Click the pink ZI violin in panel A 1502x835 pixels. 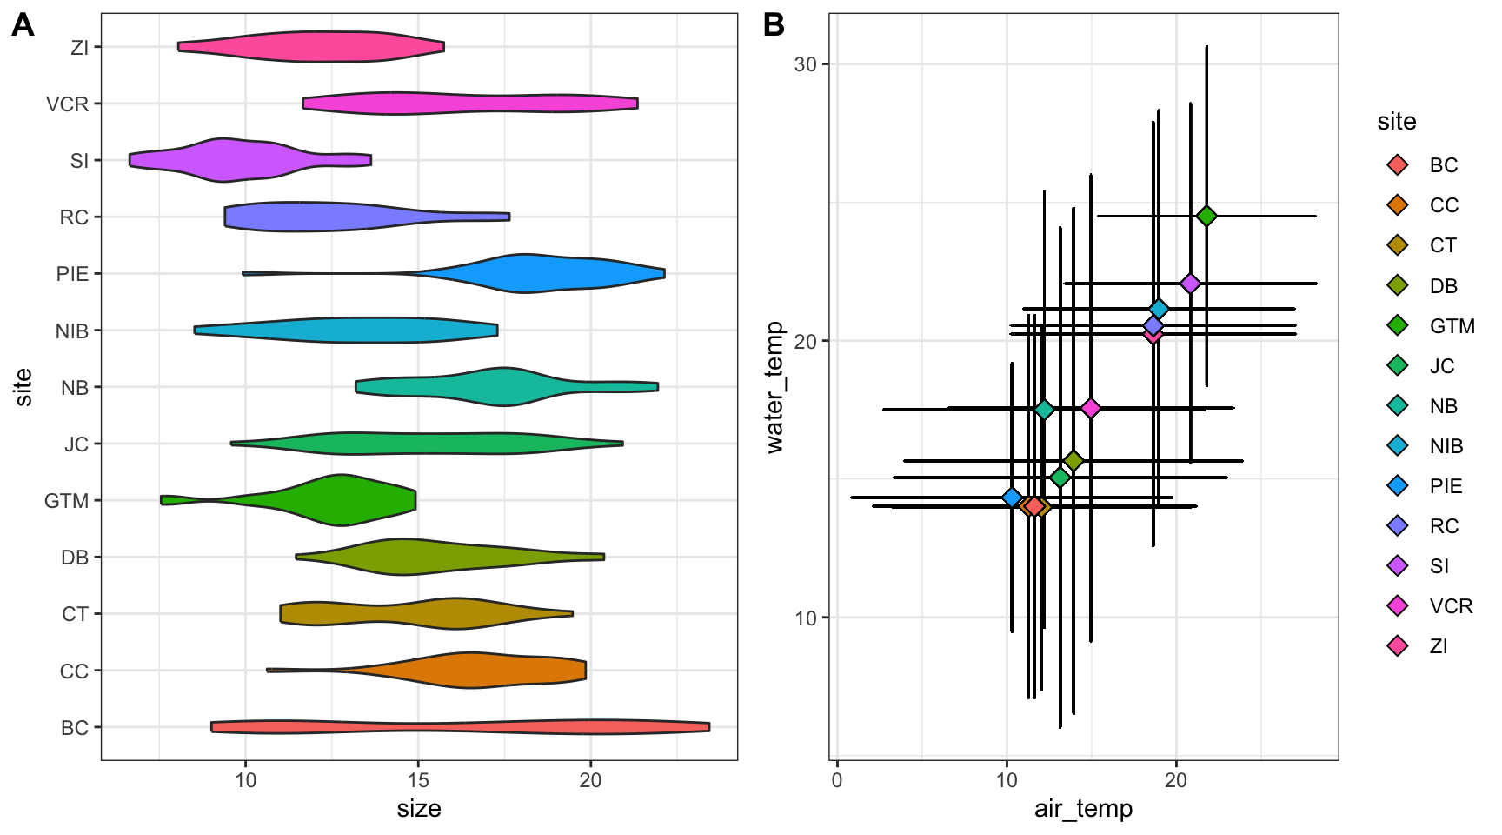(x=313, y=47)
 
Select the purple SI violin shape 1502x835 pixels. (x=226, y=160)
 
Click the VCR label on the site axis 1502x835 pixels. (x=68, y=104)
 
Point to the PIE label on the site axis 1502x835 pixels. (x=72, y=274)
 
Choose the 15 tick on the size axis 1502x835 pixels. (x=418, y=779)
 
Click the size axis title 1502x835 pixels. (x=419, y=809)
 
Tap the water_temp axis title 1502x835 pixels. (x=774, y=387)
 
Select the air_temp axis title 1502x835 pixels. (x=1083, y=809)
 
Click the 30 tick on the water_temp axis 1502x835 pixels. (x=806, y=64)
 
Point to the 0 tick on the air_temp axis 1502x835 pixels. (x=837, y=779)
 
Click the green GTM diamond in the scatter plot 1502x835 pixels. (x=1206, y=217)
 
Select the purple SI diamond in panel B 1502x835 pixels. (x=1191, y=284)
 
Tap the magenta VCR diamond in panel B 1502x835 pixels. (x=1091, y=408)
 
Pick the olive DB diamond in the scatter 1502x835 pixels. (x=1073, y=461)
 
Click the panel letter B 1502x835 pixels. (x=774, y=26)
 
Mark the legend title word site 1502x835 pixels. (x=1397, y=122)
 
